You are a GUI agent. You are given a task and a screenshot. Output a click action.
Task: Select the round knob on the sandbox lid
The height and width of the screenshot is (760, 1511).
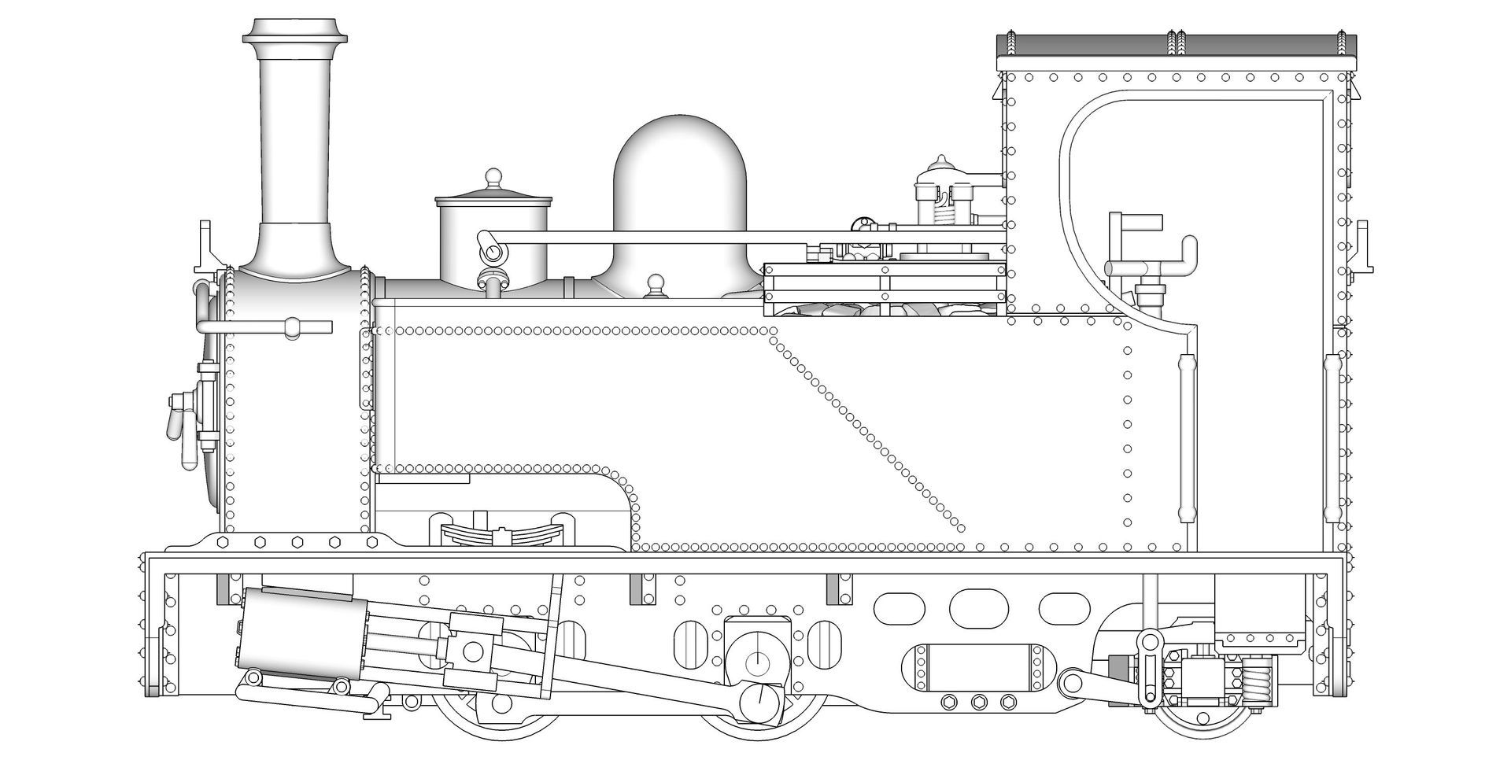point(493,176)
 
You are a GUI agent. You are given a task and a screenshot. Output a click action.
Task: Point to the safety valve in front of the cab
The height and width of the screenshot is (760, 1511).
point(940,197)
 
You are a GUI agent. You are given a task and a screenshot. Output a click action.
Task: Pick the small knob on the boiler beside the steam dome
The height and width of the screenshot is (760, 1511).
point(655,284)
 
